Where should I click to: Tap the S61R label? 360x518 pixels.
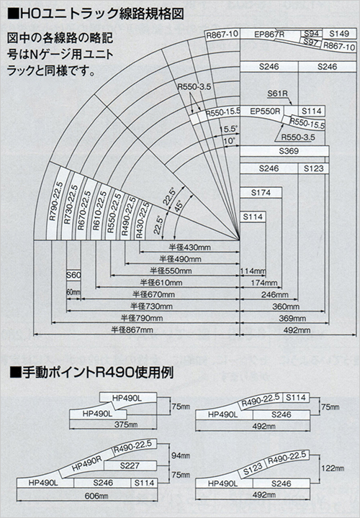[x=277, y=94]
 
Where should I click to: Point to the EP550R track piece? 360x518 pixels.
[x=264, y=112]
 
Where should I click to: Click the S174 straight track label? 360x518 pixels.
[x=261, y=194]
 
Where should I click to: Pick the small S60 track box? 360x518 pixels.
[x=73, y=276]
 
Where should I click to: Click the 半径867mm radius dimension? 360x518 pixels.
[x=132, y=330]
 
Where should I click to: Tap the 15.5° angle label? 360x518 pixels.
[x=228, y=128]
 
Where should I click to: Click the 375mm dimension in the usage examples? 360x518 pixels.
[x=116, y=424]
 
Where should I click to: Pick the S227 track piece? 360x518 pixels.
[x=129, y=465]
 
